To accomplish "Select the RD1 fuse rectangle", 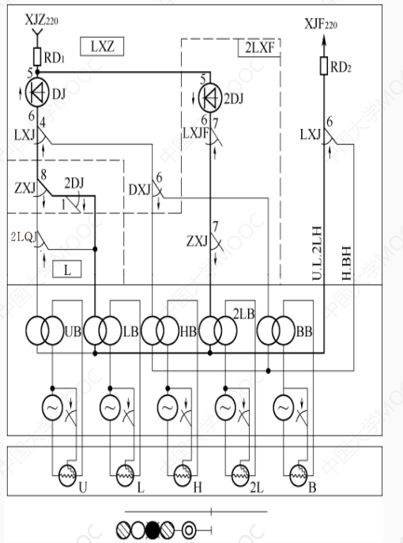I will pyautogui.click(x=36, y=56).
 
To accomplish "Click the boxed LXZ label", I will pyautogui.click(x=101, y=47).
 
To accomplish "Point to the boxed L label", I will pyautogui.click(x=67, y=270).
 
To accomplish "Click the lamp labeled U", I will pyautogui.click(x=65, y=475).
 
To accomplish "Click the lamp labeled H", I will pyautogui.click(x=179, y=475).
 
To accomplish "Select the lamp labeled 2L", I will pyautogui.click(x=238, y=475).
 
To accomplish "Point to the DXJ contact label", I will pyautogui.click(x=139, y=190).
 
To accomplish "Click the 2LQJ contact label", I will pyautogui.click(x=23, y=236).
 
